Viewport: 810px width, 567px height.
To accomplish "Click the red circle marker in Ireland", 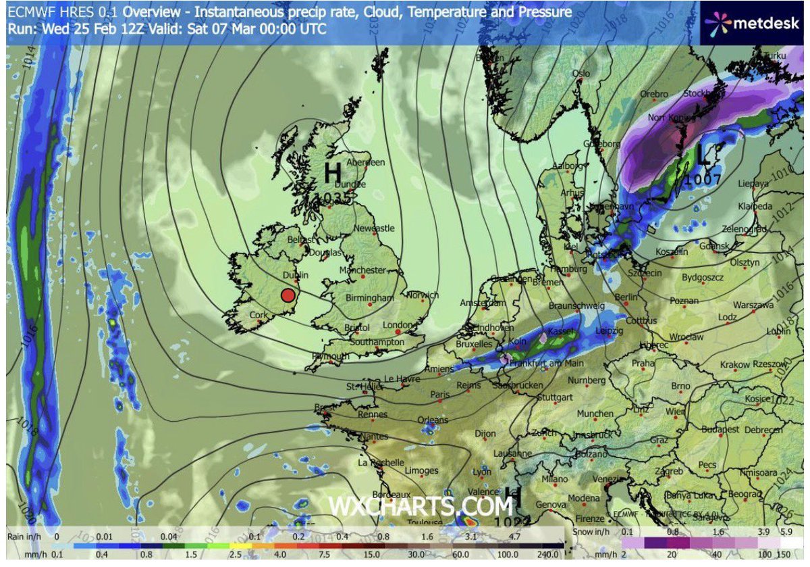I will [288, 295].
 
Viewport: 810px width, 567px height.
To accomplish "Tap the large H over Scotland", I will [332, 173].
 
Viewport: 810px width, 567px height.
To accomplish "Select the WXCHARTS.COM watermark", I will [421, 506].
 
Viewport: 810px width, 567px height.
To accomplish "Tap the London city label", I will [397, 325].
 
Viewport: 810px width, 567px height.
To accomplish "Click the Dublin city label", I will [295, 276].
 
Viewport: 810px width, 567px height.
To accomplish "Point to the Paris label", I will [440, 394].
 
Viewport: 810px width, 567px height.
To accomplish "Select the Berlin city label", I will [626, 297].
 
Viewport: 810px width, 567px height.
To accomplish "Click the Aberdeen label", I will [365, 163].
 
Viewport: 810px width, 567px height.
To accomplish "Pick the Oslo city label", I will [580, 74].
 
